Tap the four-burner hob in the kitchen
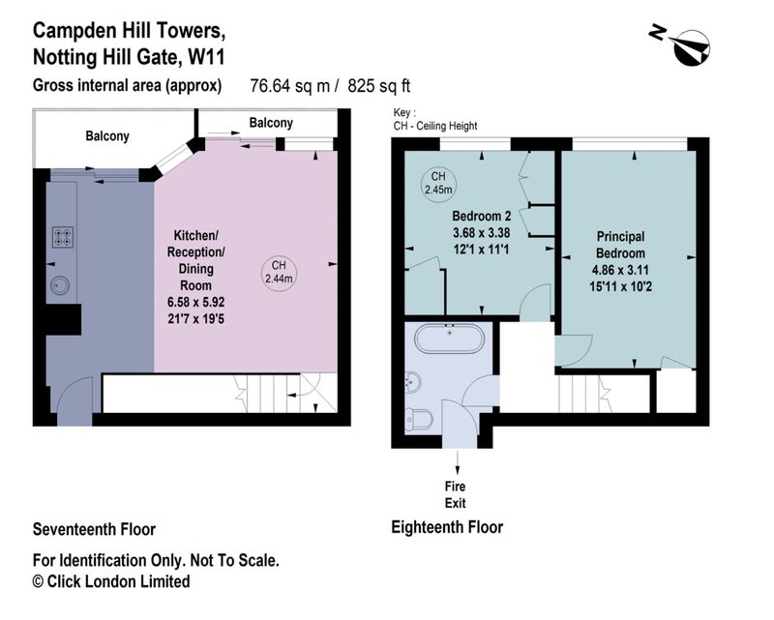point(63,236)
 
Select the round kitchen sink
point(60,285)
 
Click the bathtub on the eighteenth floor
point(449,339)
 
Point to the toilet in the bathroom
point(419,419)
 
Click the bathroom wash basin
point(413,382)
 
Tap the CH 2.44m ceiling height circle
point(279,273)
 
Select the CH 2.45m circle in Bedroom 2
point(438,183)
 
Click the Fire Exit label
point(455,494)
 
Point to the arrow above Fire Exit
point(458,462)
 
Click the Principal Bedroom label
point(620,245)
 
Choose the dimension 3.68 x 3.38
point(481,232)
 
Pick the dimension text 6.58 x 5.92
point(196,302)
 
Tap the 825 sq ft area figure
point(379,86)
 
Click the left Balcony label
point(107,135)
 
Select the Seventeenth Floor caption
point(94,529)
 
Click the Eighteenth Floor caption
point(447,527)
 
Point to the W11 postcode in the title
point(207,57)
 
